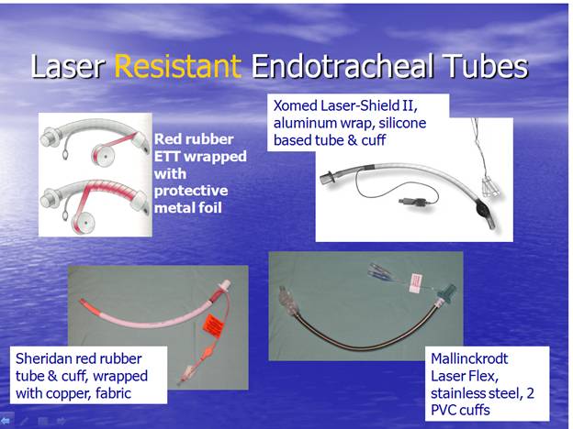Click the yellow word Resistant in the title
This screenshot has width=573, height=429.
(178, 66)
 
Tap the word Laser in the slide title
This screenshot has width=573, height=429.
(68, 66)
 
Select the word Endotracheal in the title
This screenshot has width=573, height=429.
(343, 66)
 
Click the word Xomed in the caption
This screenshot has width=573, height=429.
(296, 105)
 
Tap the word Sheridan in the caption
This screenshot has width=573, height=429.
(44, 358)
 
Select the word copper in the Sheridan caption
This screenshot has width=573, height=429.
(70, 393)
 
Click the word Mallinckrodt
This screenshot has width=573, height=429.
(469, 358)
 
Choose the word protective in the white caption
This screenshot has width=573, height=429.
(191, 191)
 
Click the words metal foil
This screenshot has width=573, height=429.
(188, 208)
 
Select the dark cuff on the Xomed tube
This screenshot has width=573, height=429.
(484, 210)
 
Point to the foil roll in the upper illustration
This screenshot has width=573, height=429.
(103, 156)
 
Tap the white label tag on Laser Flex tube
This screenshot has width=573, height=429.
(416, 283)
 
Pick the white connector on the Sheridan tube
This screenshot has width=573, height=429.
(224, 285)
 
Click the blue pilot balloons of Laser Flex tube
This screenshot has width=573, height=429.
(381, 271)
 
